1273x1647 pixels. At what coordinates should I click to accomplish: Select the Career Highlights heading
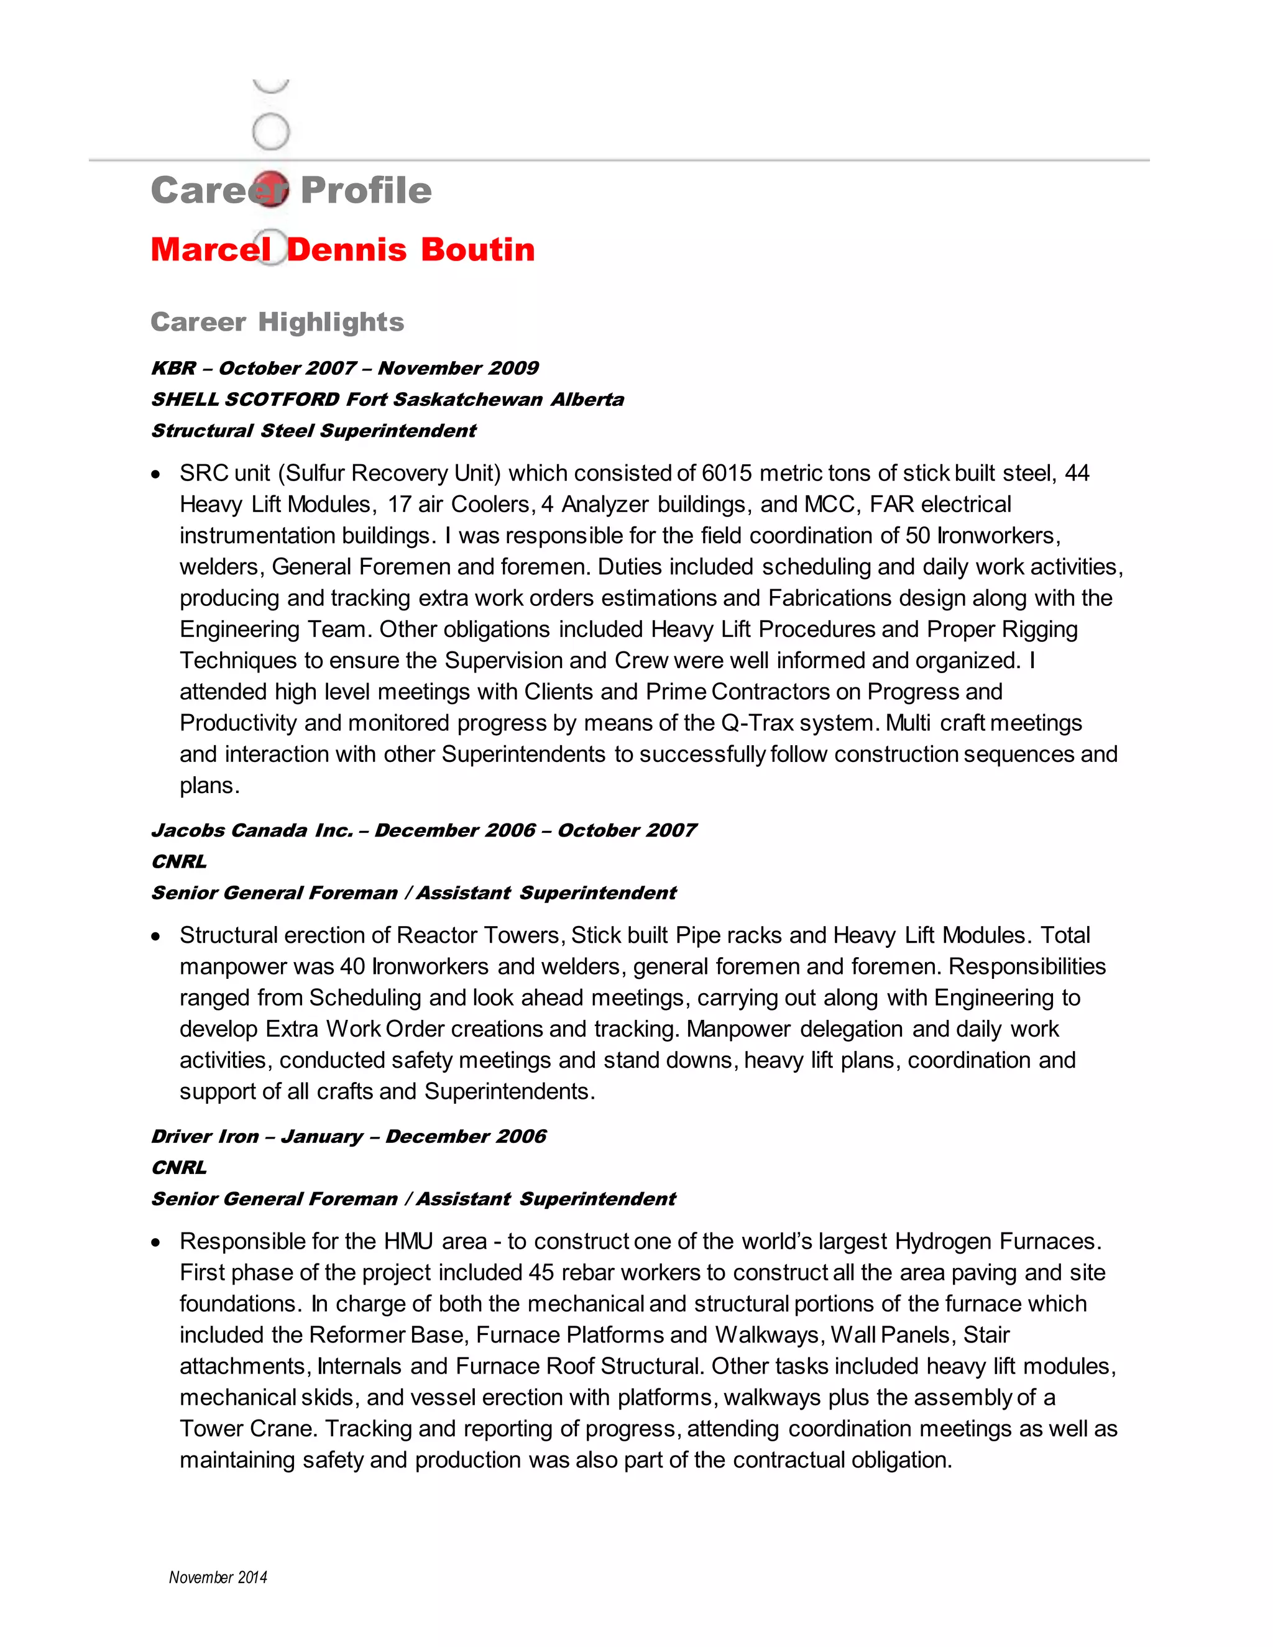[x=277, y=322]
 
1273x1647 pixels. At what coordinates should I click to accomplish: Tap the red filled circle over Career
[x=271, y=188]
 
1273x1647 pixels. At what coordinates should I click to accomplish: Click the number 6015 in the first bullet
[x=726, y=473]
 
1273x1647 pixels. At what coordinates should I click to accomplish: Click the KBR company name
[x=173, y=368]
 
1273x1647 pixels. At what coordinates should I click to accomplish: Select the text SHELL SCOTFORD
[x=245, y=399]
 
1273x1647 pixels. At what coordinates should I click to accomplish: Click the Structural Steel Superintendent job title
[x=313, y=431]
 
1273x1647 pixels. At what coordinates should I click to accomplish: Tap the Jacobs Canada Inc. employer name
[x=252, y=830]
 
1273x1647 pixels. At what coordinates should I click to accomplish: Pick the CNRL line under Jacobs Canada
[x=179, y=861]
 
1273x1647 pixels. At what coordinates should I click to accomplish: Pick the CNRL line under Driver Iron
[x=179, y=1167]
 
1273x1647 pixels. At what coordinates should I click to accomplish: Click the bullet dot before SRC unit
[x=156, y=474]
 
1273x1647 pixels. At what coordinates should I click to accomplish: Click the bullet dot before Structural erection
[x=156, y=937]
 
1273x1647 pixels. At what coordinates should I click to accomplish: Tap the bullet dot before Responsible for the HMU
[x=156, y=1242]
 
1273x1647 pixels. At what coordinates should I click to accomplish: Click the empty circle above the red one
[x=271, y=132]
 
